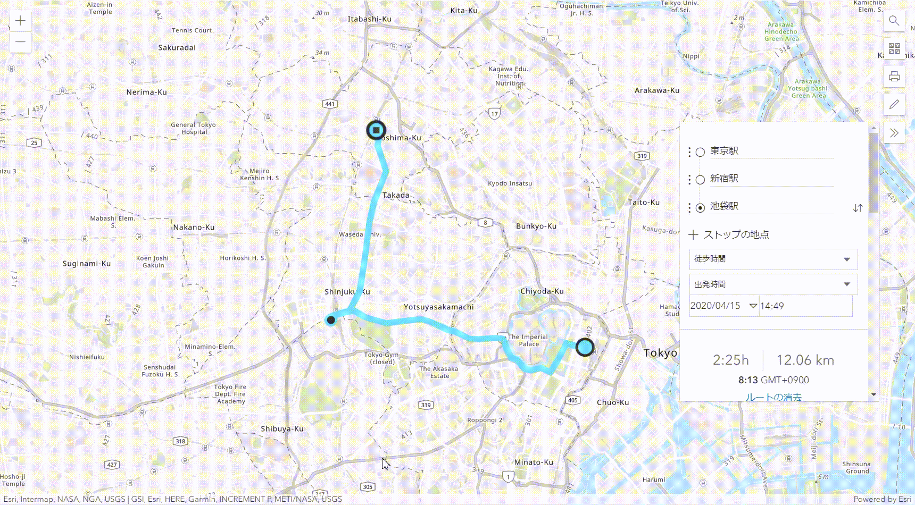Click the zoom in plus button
pos(20,21)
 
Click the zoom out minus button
pos(20,42)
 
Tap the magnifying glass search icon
pos(894,21)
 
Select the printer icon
pos(894,76)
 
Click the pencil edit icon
pos(894,104)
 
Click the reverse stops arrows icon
pos(858,208)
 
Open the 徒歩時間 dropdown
pos(773,259)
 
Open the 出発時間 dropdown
pos(773,284)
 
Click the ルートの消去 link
pos(773,397)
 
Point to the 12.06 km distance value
pos(805,360)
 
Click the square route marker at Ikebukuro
pos(376,130)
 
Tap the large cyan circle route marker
pos(585,347)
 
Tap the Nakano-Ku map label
pos(194,227)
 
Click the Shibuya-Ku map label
pos(282,429)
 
